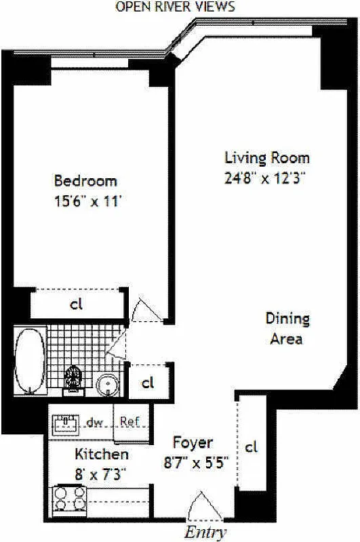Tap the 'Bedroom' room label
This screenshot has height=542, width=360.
[x=85, y=182]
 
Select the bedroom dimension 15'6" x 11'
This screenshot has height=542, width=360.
[x=85, y=201]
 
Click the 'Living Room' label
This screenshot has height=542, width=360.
[x=266, y=158]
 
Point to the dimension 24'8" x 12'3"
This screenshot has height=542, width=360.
[x=266, y=179]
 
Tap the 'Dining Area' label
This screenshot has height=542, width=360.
[x=287, y=328]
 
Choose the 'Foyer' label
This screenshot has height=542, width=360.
[x=193, y=443]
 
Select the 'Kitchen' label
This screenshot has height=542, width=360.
[x=102, y=454]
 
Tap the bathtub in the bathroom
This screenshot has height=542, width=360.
[x=31, y=360]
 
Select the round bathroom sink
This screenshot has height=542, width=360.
[x=106, y=385]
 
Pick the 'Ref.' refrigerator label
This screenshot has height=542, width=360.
[x=129, y=421]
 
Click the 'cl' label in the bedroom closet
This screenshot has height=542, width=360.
[x=77, y=304]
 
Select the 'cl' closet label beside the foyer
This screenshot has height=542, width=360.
[x=252, y=447]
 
